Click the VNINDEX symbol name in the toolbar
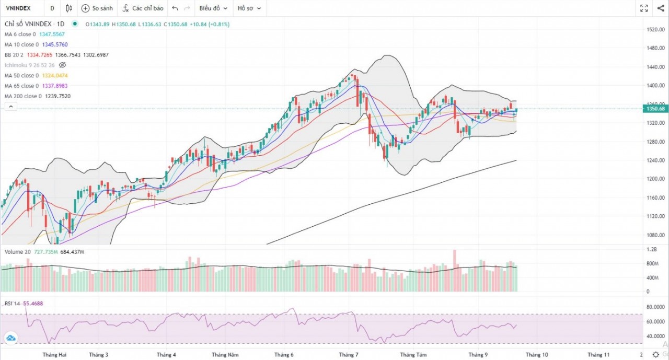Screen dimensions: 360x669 pos(19,8)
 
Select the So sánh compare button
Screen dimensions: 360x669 pos(97,8)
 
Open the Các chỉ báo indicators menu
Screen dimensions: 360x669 pos(143,8)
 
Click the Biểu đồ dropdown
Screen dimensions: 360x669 pos(213,8)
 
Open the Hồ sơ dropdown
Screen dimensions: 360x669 pos(249,8)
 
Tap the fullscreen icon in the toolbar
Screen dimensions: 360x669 pos(644,8)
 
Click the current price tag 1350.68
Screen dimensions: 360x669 pos(655,109)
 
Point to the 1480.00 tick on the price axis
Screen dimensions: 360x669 pos(655,48)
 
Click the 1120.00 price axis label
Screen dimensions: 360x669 pos(655,216)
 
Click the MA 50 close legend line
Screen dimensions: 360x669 pos(21,76)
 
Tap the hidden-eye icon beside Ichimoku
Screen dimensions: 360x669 pos(62,65)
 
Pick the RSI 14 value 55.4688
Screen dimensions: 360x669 pos(33,303)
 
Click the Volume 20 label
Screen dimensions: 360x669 pos(17,252)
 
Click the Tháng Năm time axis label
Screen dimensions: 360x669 pos(225,355)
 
